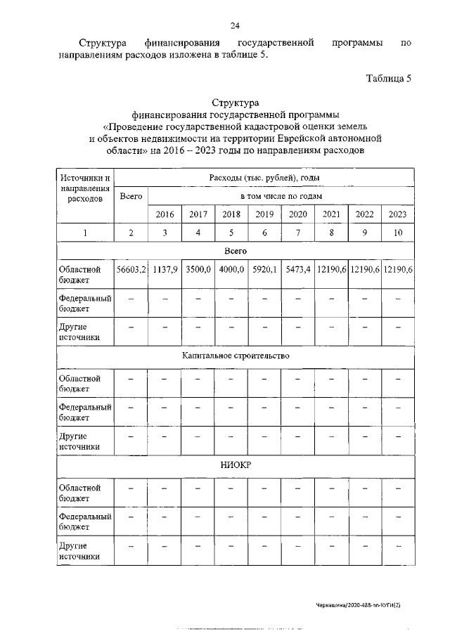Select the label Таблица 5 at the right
click(x=389, y=78)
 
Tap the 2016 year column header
click(x=164, y=214)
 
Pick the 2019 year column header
click(x=264, y=214)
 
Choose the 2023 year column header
click(x=398, y=214)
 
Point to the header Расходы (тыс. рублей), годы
click(x=264, y=179)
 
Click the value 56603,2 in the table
click(x=131, y=269)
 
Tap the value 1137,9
click(x=165, y=269)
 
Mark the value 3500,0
click(x=198, y=269)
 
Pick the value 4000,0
click(x=231, y=269)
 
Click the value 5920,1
click(x=264, y=269)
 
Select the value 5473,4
click(x=297, y=269)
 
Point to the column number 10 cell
click(x=398, y=233)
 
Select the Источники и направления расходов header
click(x=85, y=188)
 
